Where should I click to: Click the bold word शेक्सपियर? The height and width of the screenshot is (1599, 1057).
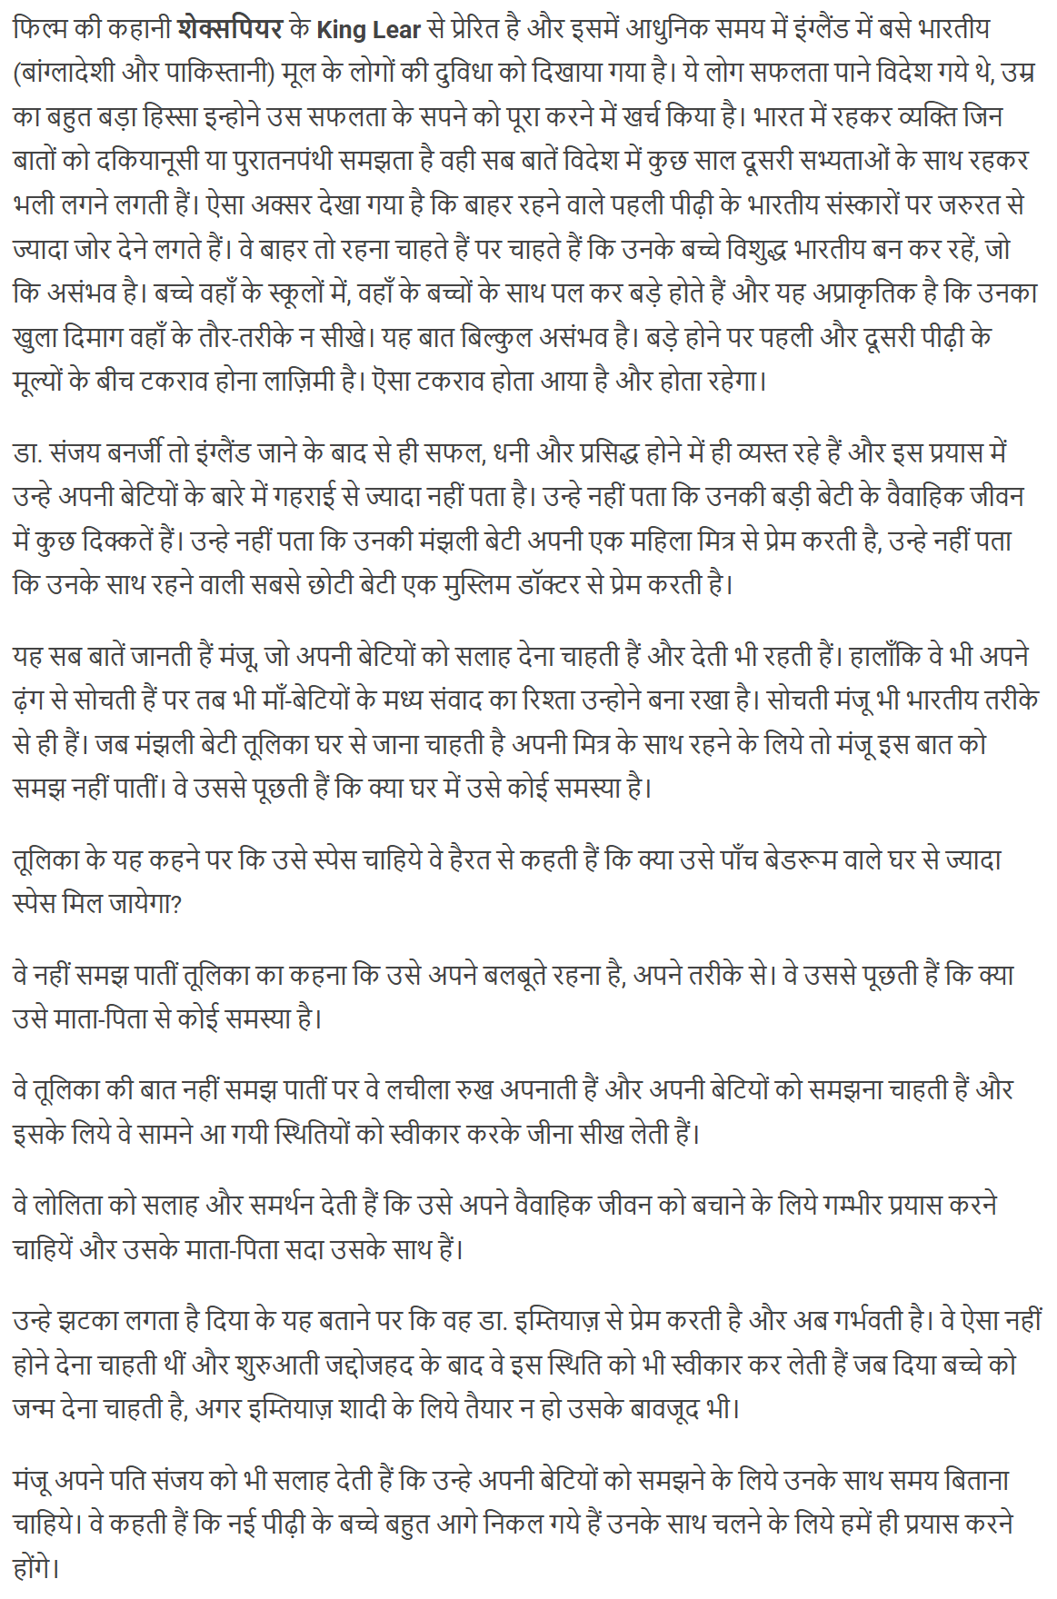(x=231, y=28)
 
